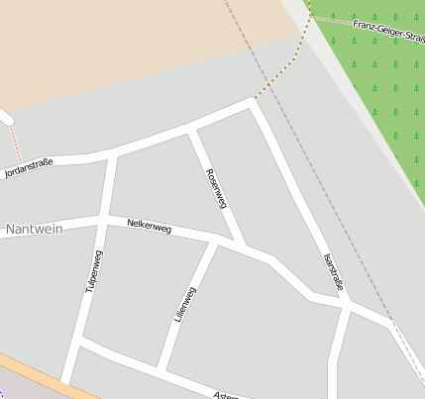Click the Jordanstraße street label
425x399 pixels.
tap(28, 165)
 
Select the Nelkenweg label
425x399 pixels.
tap(150, 227)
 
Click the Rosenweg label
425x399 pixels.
tap(216, 188)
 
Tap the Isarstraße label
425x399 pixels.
tap(335, 271)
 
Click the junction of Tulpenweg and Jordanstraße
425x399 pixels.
tap(113, 155)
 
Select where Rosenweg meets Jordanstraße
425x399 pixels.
tap(192, 131)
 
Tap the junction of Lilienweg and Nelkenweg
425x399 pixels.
tap(214, 242)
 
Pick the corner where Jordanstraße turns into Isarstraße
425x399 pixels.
tap(254, 102)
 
